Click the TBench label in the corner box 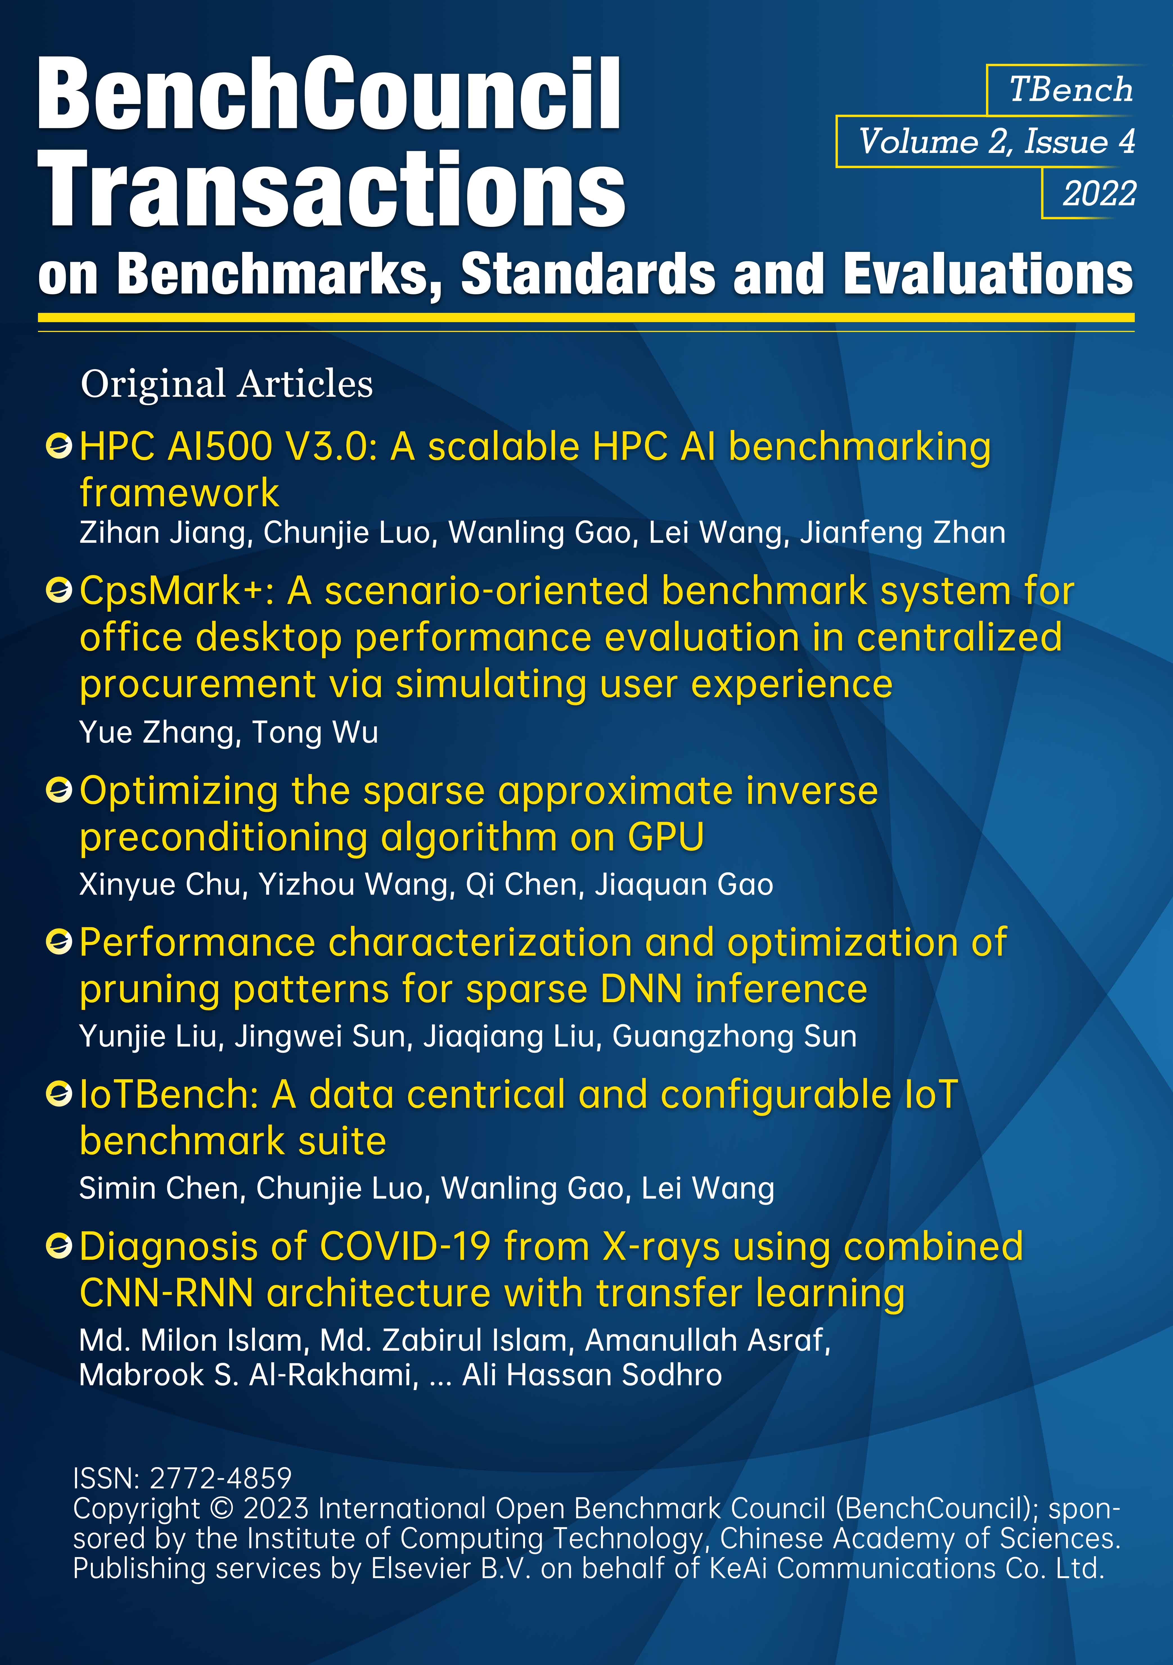1071,90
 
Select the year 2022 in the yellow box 1099,194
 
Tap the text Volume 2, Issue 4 997,141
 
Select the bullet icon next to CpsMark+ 59,591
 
